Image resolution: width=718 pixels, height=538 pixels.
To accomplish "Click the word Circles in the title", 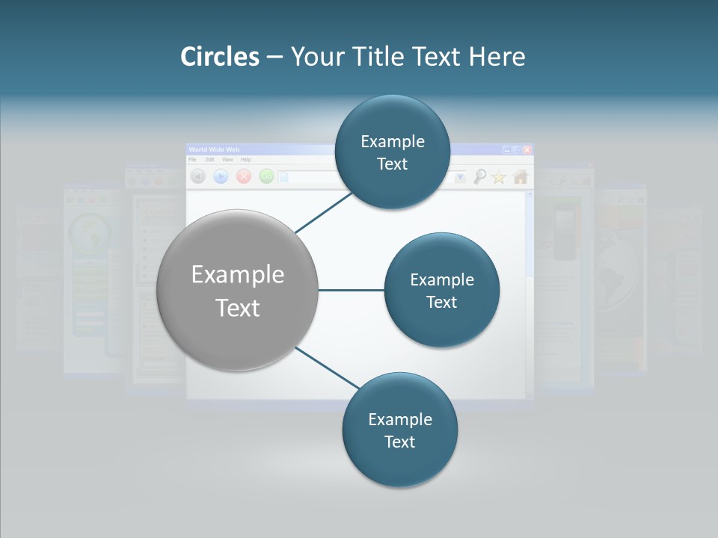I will pyautogui.click(x=219, y=57).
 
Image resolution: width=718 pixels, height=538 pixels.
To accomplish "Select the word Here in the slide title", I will pyautogui.click(x=497, y=57).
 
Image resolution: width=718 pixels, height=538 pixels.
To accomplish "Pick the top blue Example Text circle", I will pyautogui.click(x=392, y=152).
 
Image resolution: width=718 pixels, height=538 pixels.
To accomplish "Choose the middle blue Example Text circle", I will pyautogui.click(x=442, y=291).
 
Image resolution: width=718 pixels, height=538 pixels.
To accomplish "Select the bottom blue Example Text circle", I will pyautogui.click(x=399, y=430).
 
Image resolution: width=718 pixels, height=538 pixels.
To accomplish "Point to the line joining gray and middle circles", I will pyautogui.click(x=351, y=290).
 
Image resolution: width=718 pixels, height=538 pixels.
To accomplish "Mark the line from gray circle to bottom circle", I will pyautogui.click(x=328, y=369).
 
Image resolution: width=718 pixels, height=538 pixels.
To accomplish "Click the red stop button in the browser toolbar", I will pyautogui.click(x=243, y=176).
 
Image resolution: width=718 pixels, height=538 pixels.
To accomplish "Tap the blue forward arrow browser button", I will pyautogui.click(x=221, y=176).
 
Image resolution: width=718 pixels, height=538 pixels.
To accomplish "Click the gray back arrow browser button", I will pyautogui.click(x=198, y=176).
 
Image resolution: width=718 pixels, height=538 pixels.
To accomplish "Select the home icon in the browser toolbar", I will pyautogui.click(x=521, y=176).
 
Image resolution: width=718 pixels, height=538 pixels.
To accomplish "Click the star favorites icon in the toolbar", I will pyautogui.click(x=499, y=176).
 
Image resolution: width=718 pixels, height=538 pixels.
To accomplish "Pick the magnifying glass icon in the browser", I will pyautogui.click(x=479, y=176).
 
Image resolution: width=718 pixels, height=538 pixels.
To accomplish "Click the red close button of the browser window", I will pyautogui.click(x=527, y=149).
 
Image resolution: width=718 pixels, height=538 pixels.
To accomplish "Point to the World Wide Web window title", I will pyautogui.click(x=215, y=149).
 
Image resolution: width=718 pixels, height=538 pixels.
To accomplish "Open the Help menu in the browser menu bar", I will pyautogui.click(x=245, y=159).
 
